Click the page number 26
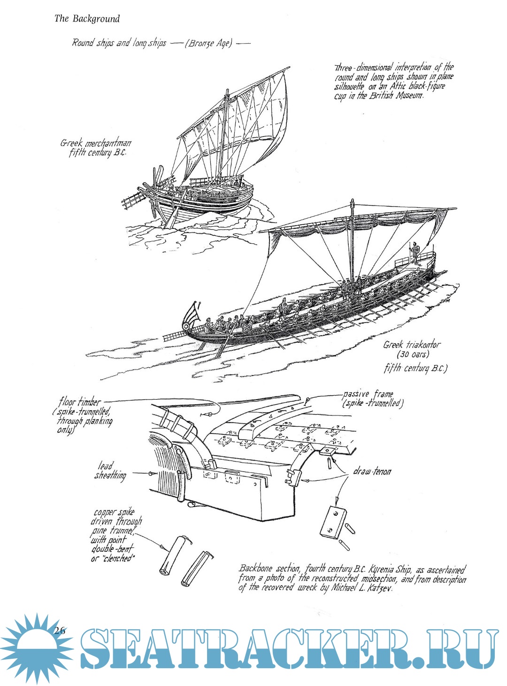(x=60, y=631)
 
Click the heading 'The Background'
(x=87, y=19)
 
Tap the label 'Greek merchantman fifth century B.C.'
(x=96, y=147)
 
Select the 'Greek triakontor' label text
(x=412, y=345)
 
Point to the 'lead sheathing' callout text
(x=110, y=471)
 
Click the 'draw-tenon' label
(x=372, y=471)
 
